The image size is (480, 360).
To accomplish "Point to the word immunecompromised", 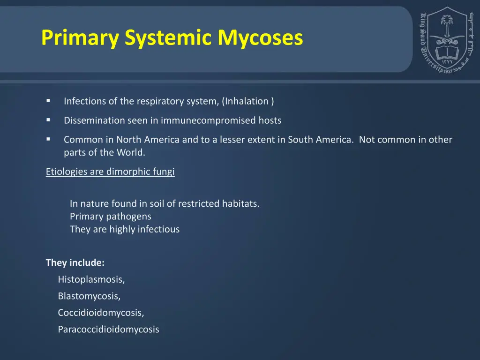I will [209, 120].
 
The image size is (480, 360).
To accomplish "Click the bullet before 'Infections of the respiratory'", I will [48, 101].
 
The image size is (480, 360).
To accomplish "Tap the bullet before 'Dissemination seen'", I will [48, 120].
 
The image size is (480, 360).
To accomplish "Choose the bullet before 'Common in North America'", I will [48, 139].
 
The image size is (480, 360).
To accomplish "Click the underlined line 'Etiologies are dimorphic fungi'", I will [110, 172].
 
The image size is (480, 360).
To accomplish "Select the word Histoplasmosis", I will [91, 280].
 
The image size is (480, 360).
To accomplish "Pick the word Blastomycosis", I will [89, 296].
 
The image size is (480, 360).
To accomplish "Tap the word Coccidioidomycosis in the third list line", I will [101, 313].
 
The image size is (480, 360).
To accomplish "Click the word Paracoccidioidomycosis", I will [108, 330].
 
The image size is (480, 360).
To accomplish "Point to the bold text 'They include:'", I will [75, 262].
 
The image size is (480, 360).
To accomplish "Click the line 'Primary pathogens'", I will [111, 217].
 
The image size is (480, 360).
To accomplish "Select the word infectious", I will [158, 229].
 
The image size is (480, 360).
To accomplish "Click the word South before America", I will [300, 140].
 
